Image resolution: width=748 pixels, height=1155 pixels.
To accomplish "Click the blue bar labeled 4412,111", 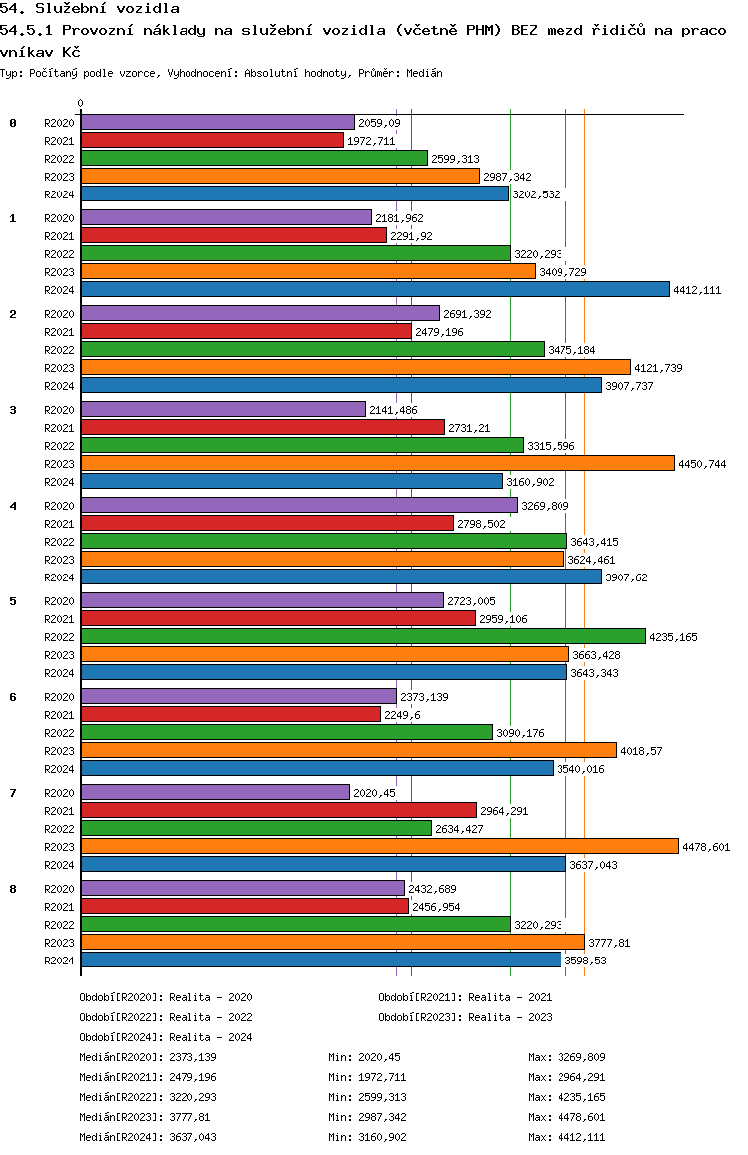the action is [375, 289].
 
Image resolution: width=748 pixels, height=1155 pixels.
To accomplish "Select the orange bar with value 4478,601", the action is [380, 847].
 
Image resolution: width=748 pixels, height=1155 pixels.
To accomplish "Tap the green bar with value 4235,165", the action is [364, 636].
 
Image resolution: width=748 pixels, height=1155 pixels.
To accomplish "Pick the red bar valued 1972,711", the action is [212, 140].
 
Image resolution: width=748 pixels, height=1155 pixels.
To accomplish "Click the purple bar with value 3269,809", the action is [299, 505].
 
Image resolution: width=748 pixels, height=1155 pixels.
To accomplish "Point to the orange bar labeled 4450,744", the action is [378, 463].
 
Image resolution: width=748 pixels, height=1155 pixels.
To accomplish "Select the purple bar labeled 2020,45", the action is [215, 792].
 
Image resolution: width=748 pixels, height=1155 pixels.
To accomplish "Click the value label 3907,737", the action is [629, 386].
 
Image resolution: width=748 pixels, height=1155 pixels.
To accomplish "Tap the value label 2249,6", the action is [402, 715].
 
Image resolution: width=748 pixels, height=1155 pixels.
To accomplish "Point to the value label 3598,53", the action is [586, 961].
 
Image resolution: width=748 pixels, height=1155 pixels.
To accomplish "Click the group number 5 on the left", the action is [13, 601].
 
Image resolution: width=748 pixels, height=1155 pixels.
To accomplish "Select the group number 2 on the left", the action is [13, 314].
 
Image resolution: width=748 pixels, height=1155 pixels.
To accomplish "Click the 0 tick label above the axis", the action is [80, 103].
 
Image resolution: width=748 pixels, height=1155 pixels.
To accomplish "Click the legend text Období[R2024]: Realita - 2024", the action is [166, 1037].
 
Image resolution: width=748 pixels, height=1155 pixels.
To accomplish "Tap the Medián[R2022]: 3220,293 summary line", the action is [148, 1097].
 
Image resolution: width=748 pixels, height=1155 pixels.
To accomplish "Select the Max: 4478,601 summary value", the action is [566, 1117].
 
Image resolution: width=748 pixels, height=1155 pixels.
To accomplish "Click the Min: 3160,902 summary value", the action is [367, 1137].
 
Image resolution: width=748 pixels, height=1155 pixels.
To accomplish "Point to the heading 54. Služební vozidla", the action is [90, 9].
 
